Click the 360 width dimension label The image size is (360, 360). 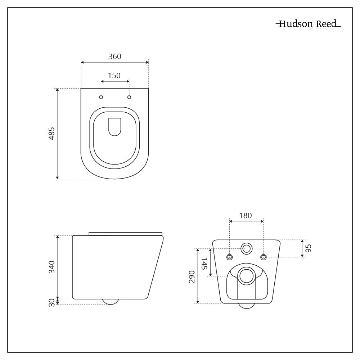pyautogui.click(x=114, y=57)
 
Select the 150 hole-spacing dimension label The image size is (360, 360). pyautogui.click(x=114, y=76)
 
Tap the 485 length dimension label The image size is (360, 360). pyautogui.click(x=51, y=134)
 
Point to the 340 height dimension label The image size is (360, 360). pyautogui.click(x=51, y=267)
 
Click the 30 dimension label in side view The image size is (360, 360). pyautogui.click(x=52, y=302)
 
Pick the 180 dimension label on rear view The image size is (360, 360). pyautogui.click(x=246, y=216)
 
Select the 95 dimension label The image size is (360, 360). pyautogui.click(x=309, y=248)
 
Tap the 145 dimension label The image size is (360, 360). pyautogui.click(x=204, y=264)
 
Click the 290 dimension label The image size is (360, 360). pyautogui.click(x=192, y=276)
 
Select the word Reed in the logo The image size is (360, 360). pyautogui.click(x=326, y=24)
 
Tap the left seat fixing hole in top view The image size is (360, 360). pyautogui.click(x=101, y=97)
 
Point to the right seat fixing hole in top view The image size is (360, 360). pyautogui.click(x=129, y=97)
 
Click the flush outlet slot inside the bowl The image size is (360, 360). pyautogui.click(x=114, y=127)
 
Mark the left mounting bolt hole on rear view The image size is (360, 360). pyautogui.click(x=230, y=257)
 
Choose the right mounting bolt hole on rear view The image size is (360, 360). pyautogui.click(x=264, y=257)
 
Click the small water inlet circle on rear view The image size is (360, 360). pyautogui.click(x=247, y=249)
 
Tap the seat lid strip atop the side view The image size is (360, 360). pyautogui.click(x=125, y=234)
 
